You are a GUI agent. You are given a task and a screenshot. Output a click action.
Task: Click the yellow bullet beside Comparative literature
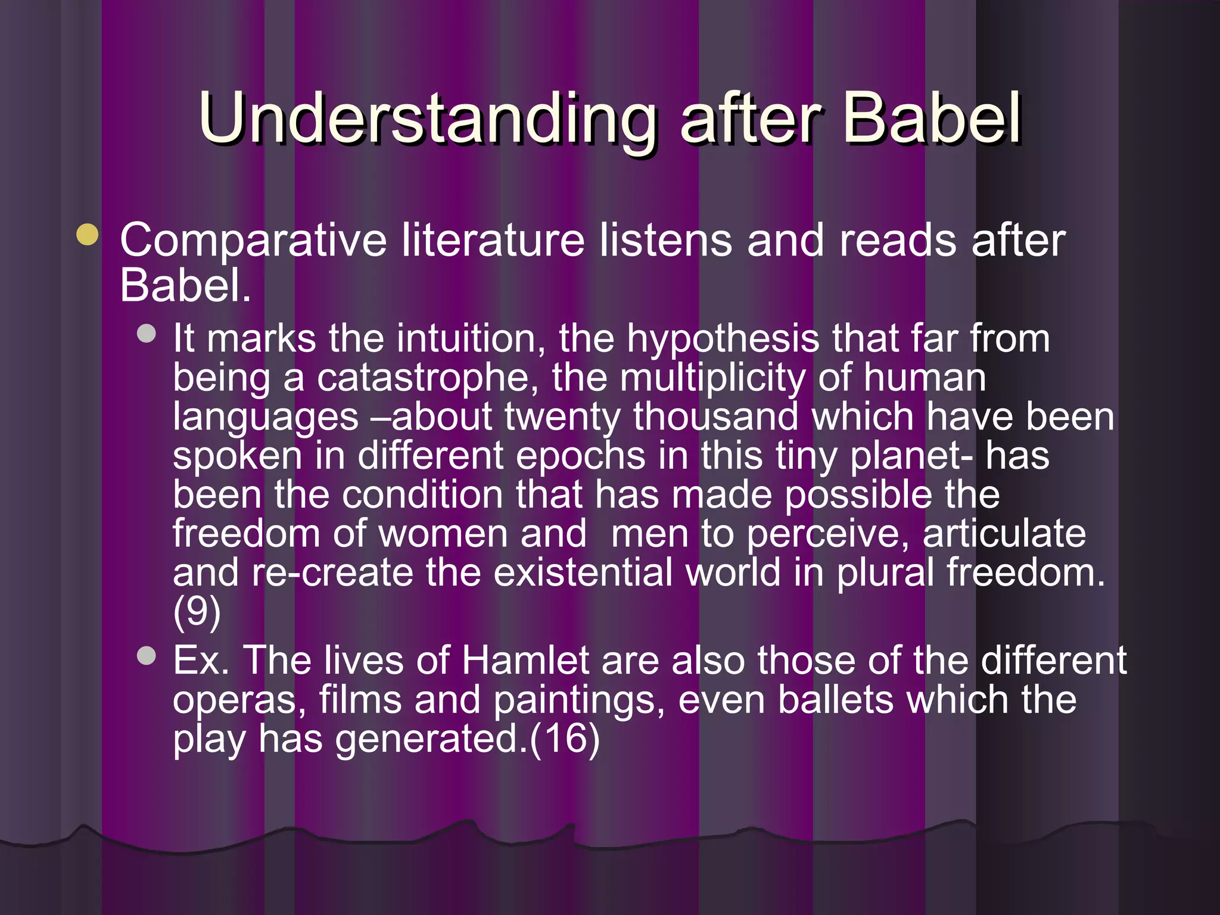pos(88,234)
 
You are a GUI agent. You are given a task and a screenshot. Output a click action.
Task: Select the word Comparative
pos(253,241)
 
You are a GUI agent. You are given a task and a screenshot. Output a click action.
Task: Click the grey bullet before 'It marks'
pos(146,333)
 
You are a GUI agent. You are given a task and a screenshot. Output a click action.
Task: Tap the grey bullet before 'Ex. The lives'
pos(146,656)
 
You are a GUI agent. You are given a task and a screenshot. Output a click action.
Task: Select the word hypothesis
pos(723,339)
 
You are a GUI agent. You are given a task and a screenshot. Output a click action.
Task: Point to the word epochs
pos(580,456)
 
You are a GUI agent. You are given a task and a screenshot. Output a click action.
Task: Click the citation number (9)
pos(197,612)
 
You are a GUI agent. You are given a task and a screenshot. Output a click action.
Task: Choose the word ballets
pos(836,700)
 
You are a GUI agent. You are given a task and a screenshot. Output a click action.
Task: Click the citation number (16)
pos(564,739)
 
